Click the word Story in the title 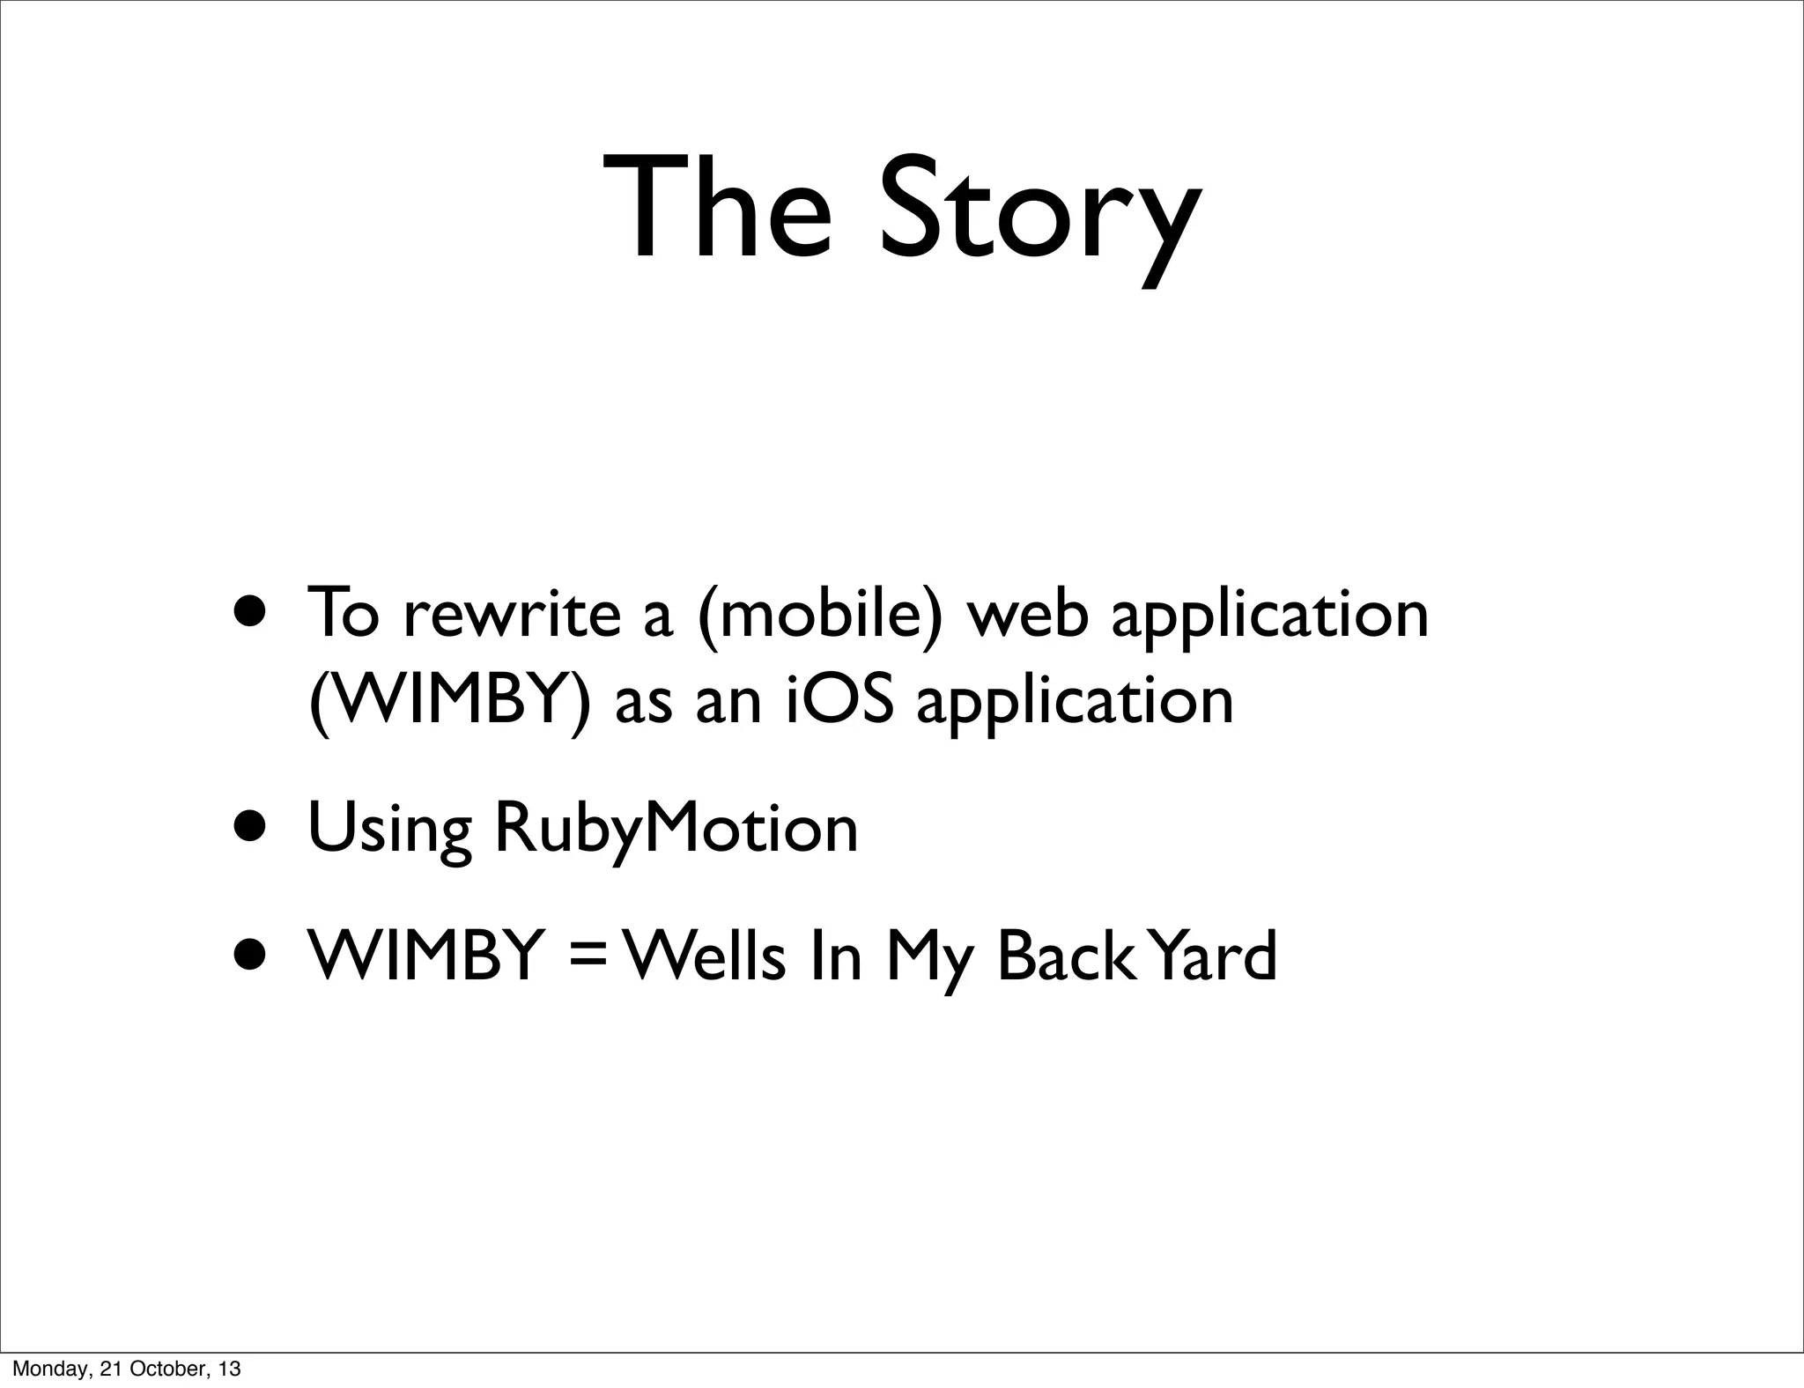coord(1039,211)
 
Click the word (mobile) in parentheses coord(819,614)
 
